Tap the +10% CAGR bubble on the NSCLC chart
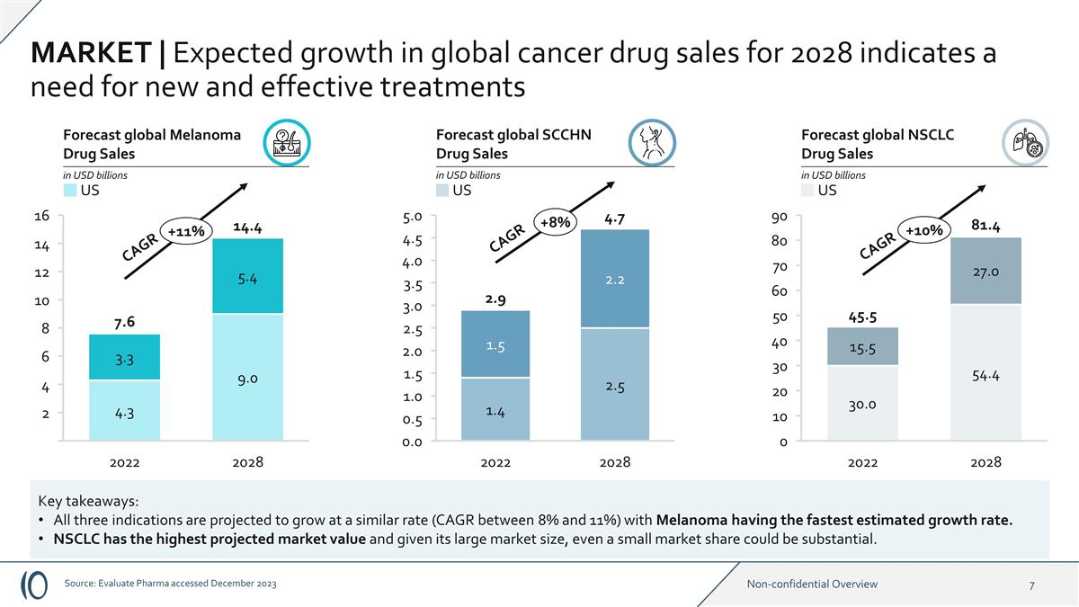pos(924,230)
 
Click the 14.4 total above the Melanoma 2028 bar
pos(246,228)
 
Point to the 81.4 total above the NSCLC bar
pos(985,225)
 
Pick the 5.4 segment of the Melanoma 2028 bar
pos(247,279)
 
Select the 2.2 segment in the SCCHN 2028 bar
pos(615,280)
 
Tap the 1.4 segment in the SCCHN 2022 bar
pos(495,411)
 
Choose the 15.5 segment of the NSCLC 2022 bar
pos(862,347)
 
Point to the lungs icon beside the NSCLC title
pos(1025,143)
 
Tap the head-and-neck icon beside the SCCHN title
pos(652,143)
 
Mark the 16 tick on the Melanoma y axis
pos(41,216)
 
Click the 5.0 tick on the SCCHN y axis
pos(414,217)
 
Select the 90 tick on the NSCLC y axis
pos(779,217)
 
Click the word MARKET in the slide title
pos(91,53)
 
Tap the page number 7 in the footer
pos(1031,585)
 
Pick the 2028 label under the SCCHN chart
pos(615,462)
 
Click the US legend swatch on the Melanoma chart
pos(70,191)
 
